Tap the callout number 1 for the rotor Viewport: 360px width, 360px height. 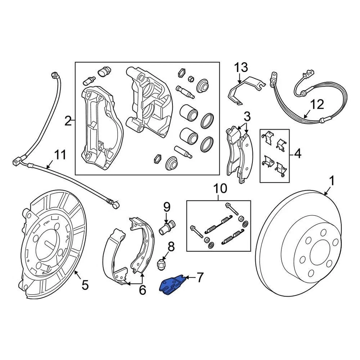click(331, 181)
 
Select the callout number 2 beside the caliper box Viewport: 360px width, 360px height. click(67, 121)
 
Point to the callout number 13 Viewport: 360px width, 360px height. click(241, 68)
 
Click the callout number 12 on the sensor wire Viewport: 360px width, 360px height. click(317, 104)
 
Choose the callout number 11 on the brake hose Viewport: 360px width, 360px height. click(60, 154)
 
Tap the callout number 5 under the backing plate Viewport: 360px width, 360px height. click(85, 285)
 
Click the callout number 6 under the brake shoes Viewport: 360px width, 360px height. click(142, 290)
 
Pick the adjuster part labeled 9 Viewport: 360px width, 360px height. click(167, 227)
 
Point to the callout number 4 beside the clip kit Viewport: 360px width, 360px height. click(297, 154)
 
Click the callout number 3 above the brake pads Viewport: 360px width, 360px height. click(247, 116)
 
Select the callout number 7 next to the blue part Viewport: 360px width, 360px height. click(199, 278)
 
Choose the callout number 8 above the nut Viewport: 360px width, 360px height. click(171, 246)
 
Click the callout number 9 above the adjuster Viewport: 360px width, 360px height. click(166, 207)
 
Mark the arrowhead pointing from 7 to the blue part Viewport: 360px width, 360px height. click(186, 277)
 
